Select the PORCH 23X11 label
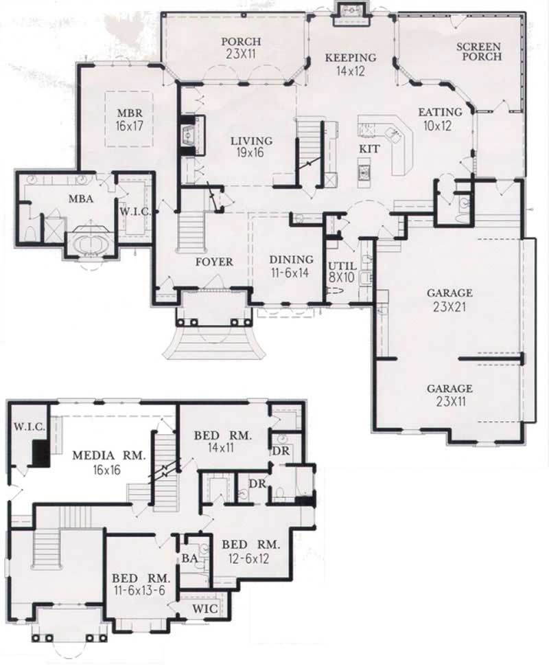[242, 47]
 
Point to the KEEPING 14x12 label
[351, 64]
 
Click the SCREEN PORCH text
[480, 52]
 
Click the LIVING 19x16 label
[251, 147]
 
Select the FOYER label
[214, 262]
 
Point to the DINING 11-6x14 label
[291, 266]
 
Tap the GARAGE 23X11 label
[449, 394]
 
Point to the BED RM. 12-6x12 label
[251, 551]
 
